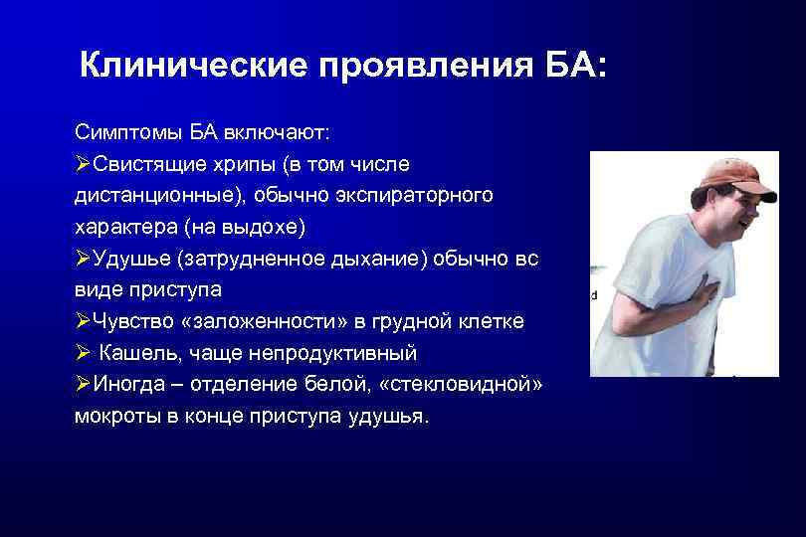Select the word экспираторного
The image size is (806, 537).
[x=422, y=195]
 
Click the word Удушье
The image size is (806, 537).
[x=130, y=259]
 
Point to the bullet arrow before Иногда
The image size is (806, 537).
[x=83, y=385]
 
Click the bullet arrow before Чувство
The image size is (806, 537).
[x=83, y=322]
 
